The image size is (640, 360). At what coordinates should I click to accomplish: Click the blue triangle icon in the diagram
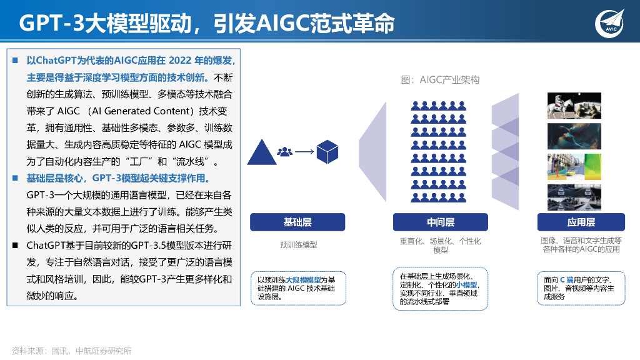click(261, 153)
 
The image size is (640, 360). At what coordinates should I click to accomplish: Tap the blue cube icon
click(327, 152)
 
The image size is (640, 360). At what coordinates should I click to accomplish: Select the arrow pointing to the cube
click(304, 152)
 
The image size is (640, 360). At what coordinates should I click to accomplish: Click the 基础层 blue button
click(297, 222)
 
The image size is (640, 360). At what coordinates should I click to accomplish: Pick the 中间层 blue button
click(441, 222)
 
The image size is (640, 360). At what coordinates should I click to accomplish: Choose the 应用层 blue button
click(581, 222)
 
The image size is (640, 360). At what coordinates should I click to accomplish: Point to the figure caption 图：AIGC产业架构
click(441, 80)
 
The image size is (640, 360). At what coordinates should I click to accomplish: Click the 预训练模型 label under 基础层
click(298, 245)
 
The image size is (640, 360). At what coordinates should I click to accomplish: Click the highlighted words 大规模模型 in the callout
click(303, 279)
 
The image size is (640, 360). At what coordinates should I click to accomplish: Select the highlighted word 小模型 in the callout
click(463, 284)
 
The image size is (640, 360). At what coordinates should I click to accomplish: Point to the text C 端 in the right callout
click(566, 280)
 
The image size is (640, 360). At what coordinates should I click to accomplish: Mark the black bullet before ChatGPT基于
click(14, 245)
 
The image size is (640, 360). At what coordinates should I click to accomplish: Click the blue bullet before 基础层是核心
click(14, 178)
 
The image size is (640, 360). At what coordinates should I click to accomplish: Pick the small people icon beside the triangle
click(285, 152)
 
